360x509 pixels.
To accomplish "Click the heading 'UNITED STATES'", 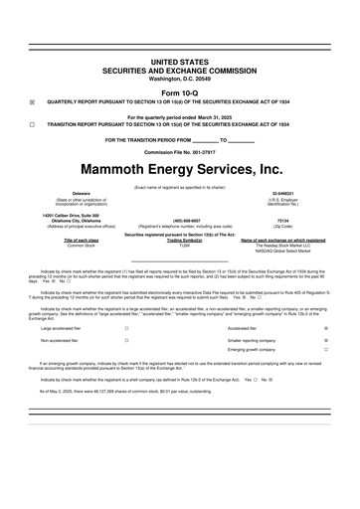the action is coord(180,61).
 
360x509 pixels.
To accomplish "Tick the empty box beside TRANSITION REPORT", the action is coord(32,123).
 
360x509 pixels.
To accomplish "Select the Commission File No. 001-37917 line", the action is coord(180,152).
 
